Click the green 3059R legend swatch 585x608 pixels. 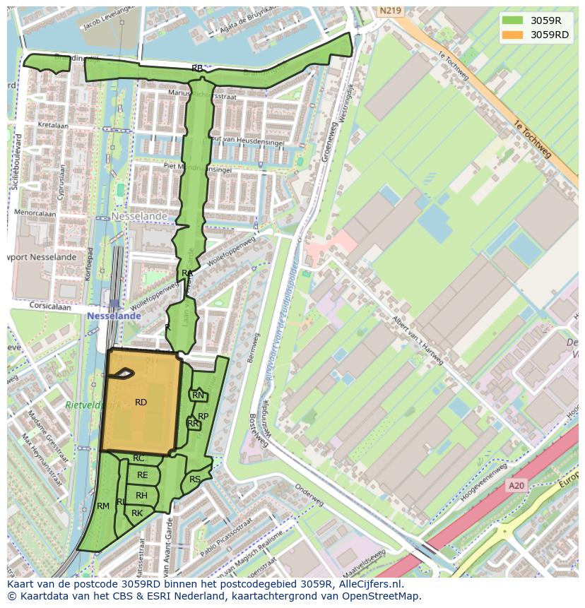point(513,20)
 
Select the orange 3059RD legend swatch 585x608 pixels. point(513,35)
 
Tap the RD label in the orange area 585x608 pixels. point(141,403)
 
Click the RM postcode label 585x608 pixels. point(103,506)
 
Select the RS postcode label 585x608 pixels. point(195,479)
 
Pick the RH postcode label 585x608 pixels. point(141,496)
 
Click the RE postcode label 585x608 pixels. point(143,475)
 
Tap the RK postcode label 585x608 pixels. point(137,513)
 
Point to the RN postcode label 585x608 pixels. point(198,396)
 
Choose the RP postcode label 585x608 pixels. point(203,417)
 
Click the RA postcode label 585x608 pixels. point(187,273)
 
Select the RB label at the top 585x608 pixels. point(197,68)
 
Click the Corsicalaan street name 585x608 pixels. point(51,306)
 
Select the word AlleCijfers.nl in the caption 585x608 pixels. point(368,584)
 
